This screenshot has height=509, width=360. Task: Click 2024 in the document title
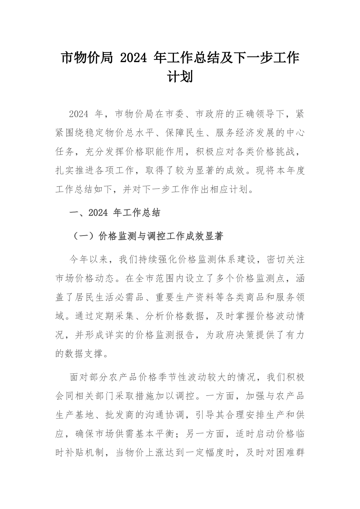coord(132,58)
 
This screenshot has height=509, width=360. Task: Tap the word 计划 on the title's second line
coord(180,77)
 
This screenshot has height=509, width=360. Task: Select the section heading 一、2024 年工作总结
coord(115,213)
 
